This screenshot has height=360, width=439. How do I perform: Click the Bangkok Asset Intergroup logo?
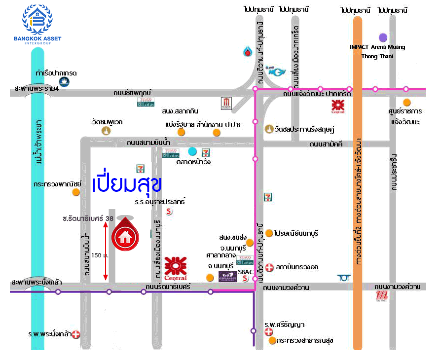(x=37, y=25)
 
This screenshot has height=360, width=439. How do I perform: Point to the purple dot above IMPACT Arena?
(x=382, y=37)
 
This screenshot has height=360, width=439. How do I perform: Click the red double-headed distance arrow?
(x=105, y=251)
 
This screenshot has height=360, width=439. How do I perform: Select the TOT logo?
(x=344, y=278)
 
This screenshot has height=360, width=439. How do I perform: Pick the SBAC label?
(x=245, y=271)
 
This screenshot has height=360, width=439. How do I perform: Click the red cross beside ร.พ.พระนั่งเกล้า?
(x=76, y=335)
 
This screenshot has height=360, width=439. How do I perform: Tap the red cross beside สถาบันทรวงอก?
(x=269, y=267)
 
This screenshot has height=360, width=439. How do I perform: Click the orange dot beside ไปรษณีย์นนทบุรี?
(x=269, y=233)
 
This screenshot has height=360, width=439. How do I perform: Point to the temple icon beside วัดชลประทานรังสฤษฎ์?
(x=269, y=129)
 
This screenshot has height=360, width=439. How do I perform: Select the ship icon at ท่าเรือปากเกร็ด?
(x=63, y=82)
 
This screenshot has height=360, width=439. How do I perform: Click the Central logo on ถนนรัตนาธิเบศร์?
(x=175, y=268)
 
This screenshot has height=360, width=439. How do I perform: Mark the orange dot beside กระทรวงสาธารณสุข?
(x=272, y=340)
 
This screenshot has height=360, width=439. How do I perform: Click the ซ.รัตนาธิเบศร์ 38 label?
(x=89, y=217)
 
